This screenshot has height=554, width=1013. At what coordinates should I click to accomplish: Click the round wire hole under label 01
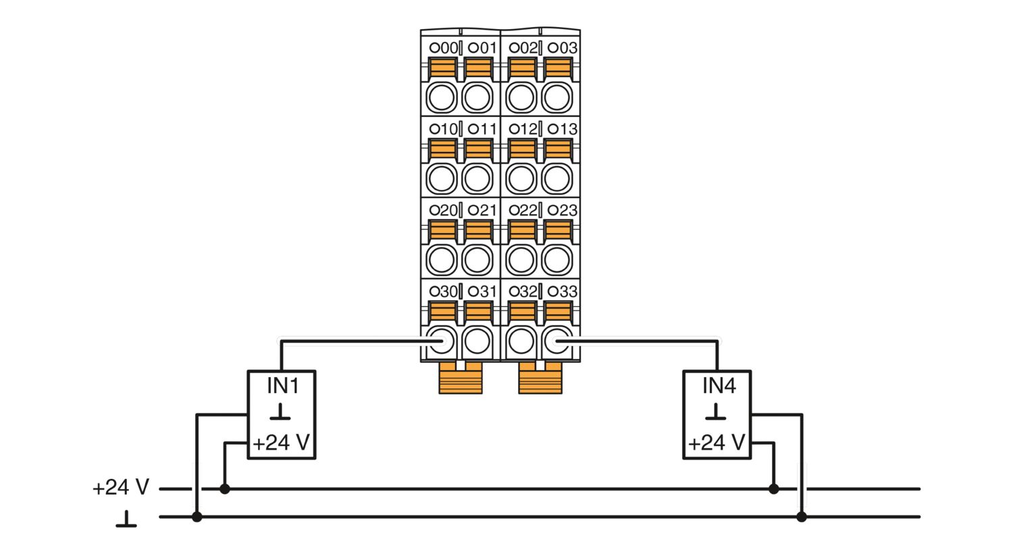pos(477,98)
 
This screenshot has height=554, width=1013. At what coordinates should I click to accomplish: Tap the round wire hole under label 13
pos(556,178)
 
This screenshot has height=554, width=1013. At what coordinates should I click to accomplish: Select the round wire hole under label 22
pos(521,260)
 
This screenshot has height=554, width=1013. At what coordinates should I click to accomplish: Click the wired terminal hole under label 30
pos(442,341)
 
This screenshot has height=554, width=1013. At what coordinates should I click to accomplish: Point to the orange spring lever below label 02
pos(522,68)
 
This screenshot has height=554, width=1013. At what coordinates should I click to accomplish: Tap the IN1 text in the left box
pos(283,386)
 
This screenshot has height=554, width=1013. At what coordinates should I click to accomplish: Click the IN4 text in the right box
pos(719,386)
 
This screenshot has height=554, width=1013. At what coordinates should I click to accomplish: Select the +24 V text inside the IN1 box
pos(282,443)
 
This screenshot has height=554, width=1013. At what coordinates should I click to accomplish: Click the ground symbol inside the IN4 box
pos(715,412)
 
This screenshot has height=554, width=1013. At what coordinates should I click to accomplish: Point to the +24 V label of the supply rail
pos(121,488)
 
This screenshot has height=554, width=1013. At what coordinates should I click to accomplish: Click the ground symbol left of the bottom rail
pos(126,519)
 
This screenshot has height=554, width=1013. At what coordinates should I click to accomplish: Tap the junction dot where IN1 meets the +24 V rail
pos(225,489)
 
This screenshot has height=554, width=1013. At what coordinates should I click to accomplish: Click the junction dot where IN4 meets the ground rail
pos(802,516)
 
